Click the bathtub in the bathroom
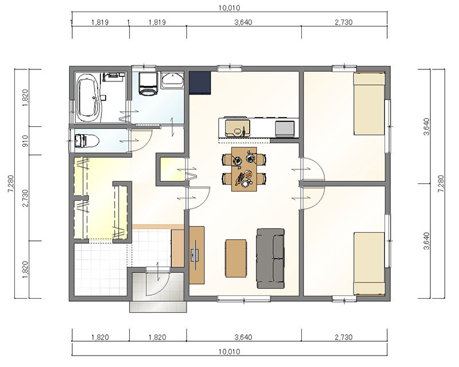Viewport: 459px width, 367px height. (87, 97)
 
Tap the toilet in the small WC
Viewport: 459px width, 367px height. (87, 140)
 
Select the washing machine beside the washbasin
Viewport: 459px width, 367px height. (148, 84)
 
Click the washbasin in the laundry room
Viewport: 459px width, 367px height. (173, 80)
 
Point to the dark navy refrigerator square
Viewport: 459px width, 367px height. (200, 83)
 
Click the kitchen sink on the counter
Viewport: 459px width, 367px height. (238, 128)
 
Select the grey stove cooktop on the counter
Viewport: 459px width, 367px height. (285, 128)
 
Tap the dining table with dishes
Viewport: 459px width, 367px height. (244, 169)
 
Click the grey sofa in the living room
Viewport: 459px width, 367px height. (270, 259)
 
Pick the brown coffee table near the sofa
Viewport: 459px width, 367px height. (236, 258)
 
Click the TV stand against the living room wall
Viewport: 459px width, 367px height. (197, 255)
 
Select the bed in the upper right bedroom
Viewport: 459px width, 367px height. (369, 104)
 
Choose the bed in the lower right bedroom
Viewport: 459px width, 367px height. (369, 264)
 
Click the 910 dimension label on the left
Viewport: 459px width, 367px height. (25, 140)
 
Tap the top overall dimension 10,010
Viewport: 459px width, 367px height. (229, 8)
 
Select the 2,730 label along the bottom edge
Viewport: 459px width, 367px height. (344, 337)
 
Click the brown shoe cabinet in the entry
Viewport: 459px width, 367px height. (177, 248)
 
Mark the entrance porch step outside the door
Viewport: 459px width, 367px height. (158, 307)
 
